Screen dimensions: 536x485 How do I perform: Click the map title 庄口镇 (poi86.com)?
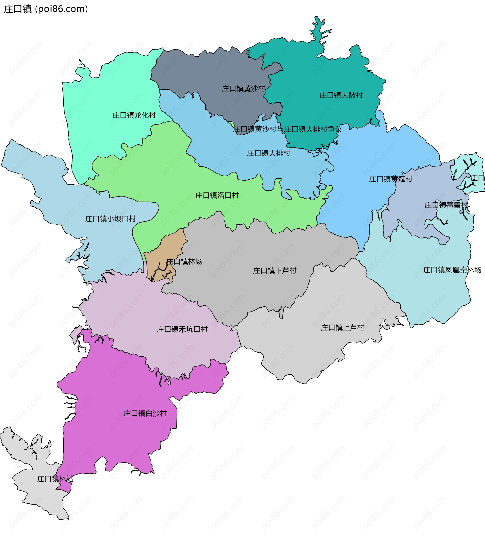click(x=46, y=9)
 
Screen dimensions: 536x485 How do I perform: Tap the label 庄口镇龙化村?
click(x=134, y=115)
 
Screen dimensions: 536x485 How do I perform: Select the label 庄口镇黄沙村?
click(x=244, y=89)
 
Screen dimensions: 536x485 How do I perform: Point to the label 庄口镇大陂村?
click(x=341, y=95)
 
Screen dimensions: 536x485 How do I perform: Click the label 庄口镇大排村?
click(x=268, y=153)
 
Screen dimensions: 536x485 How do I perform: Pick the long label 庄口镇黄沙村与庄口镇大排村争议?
click(x=287, y=129)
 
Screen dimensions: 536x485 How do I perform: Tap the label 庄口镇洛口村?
click(x=217, y=196)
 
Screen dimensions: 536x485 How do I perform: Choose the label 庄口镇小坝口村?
click(x=110, y=219)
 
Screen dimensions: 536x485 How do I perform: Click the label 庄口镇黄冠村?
click(x=390, y=179)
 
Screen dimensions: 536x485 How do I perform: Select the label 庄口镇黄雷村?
click(x=446, y=205)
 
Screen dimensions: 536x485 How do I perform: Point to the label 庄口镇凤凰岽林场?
click(x=452, y=270)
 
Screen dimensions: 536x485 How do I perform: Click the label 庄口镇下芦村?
click(x=274, y=271)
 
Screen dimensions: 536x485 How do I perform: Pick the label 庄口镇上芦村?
click(x=342, y=328)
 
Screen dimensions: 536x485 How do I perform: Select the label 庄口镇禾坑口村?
click(x=182, y=329)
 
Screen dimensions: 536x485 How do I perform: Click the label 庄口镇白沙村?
click(x=145, y=413)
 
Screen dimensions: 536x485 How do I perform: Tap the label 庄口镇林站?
click(x=55, y=479)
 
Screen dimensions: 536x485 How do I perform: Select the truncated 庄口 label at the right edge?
click(x=478, y=178)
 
